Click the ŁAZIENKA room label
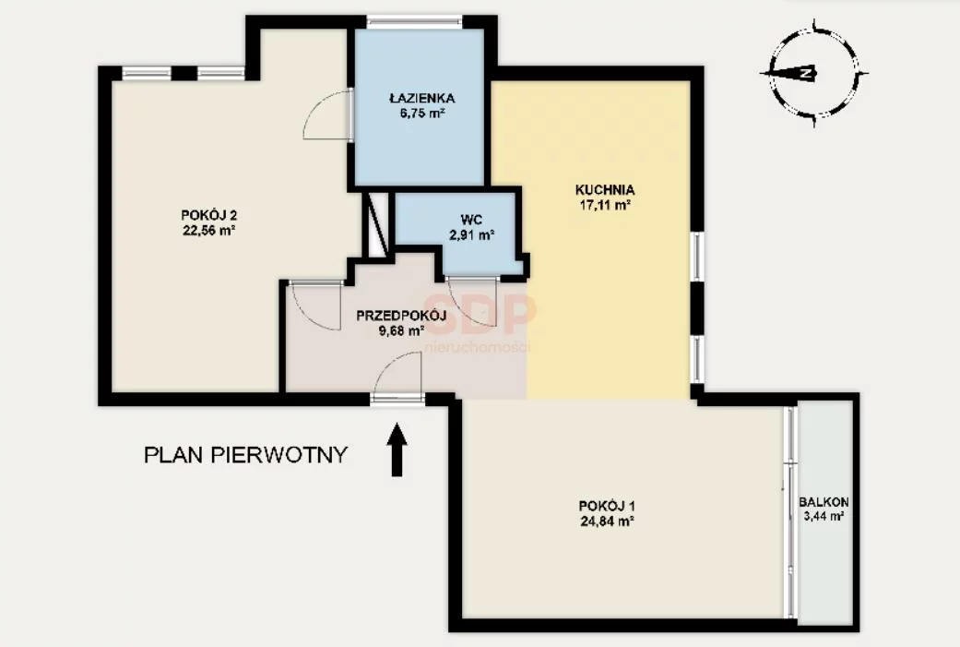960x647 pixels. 421,98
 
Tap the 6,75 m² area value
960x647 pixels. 421,113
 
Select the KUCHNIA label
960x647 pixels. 605,190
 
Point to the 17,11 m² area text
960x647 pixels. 605,206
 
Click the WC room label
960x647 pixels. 471,220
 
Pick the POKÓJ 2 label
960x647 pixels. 208,215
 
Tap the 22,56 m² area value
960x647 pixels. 208,231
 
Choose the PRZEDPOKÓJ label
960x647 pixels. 401,317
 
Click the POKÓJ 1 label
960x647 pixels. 606,506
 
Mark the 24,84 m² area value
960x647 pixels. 606,521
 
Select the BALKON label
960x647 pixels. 824,502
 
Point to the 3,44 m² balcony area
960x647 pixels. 824,516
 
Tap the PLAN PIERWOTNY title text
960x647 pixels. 245,455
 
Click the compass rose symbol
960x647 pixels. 813,73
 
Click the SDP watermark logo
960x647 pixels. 480,314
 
